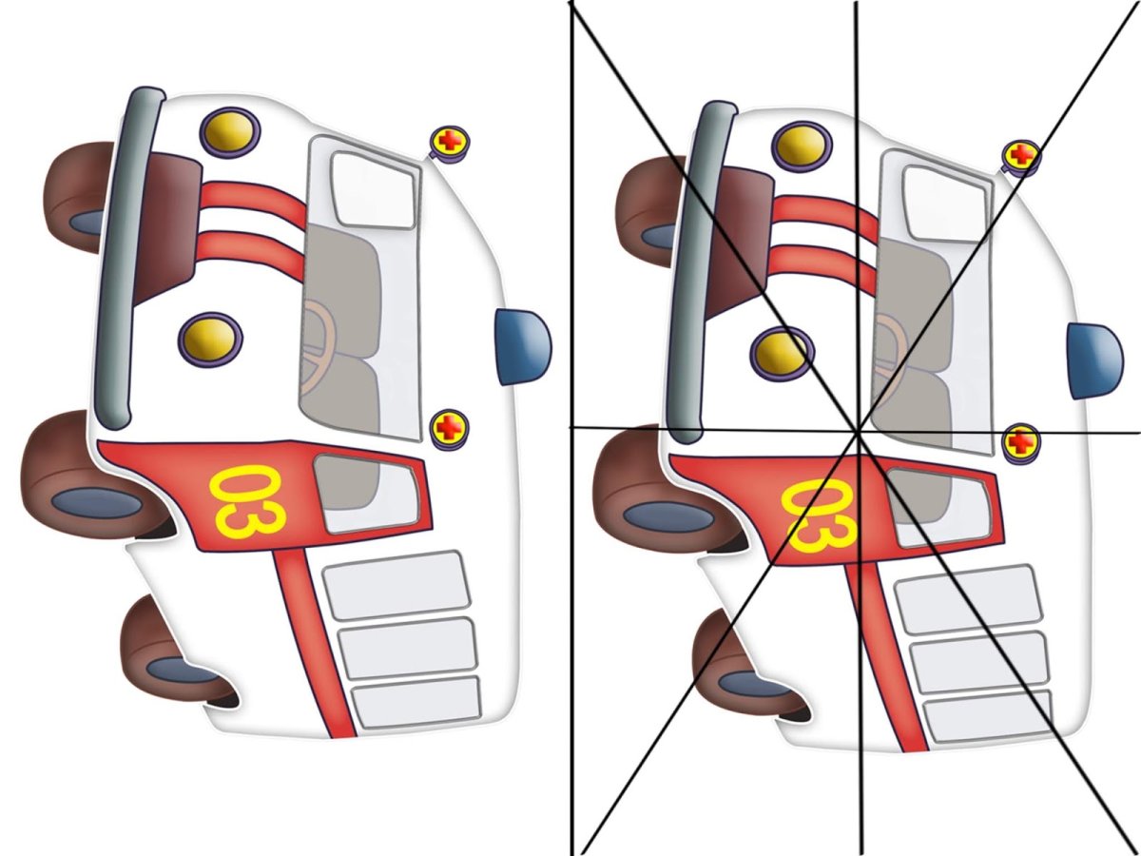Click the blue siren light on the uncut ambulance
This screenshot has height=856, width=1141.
(x=523, y=347)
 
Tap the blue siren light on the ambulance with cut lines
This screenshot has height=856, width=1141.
(x=1094, y=360)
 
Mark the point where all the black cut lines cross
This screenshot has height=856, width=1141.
(x=859, y=433)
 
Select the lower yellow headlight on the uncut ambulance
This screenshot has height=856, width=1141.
(x=210, y=339)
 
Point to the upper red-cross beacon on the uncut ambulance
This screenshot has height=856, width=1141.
(x=449, y=143)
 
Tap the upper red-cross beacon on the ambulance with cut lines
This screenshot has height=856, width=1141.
(x=1021, y=156)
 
